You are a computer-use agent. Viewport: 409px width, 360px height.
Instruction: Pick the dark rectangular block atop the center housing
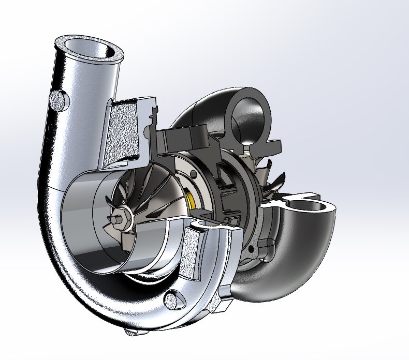(x=184, y=137)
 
